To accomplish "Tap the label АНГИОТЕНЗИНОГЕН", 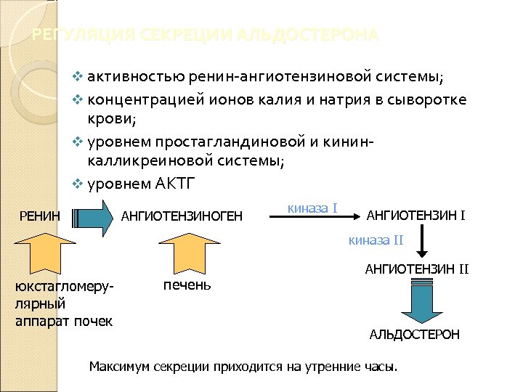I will pyautogui.click(x=181, y=216).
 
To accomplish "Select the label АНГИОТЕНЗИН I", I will pyautogui.click(x=417, y=215).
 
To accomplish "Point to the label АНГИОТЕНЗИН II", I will pyautogui.click(x=417, y=270).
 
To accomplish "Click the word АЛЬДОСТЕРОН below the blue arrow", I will pyautogui.click(x=415, y=335).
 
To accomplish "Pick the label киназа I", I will pyautogui.click(x=312, y=208).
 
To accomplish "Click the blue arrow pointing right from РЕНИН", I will pyautogui.click(x=93, y=215).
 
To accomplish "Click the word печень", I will pyautogui.click(x=187, y=284).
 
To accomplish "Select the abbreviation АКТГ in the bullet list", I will pyautogui.click(x=176, y=182).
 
